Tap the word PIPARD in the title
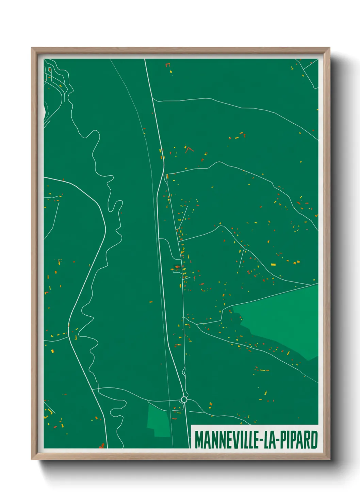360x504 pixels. (x=299, y=440)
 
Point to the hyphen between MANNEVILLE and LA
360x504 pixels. (x=260, y=440)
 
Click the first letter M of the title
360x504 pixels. (x=198, y=440)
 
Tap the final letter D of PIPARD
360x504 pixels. (x=314, y=440)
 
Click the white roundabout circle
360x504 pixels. (x=184, y=399)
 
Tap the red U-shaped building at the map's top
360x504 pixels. (x=167, y=64)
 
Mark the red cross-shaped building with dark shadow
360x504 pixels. (x=177, y=267)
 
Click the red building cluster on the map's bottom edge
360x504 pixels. (x=101, y=445)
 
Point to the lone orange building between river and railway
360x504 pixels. (x=151, y=302)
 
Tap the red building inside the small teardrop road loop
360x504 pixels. (x=50, y=69)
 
